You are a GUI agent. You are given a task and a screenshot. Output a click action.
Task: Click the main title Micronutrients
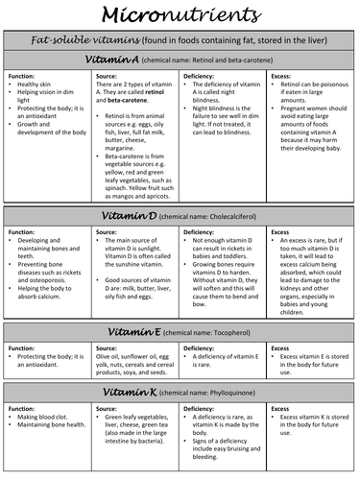180,16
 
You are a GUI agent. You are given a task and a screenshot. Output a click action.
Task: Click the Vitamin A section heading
113,60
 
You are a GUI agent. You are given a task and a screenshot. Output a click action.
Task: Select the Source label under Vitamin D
110,233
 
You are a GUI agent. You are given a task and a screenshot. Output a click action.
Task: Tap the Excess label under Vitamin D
281,233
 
